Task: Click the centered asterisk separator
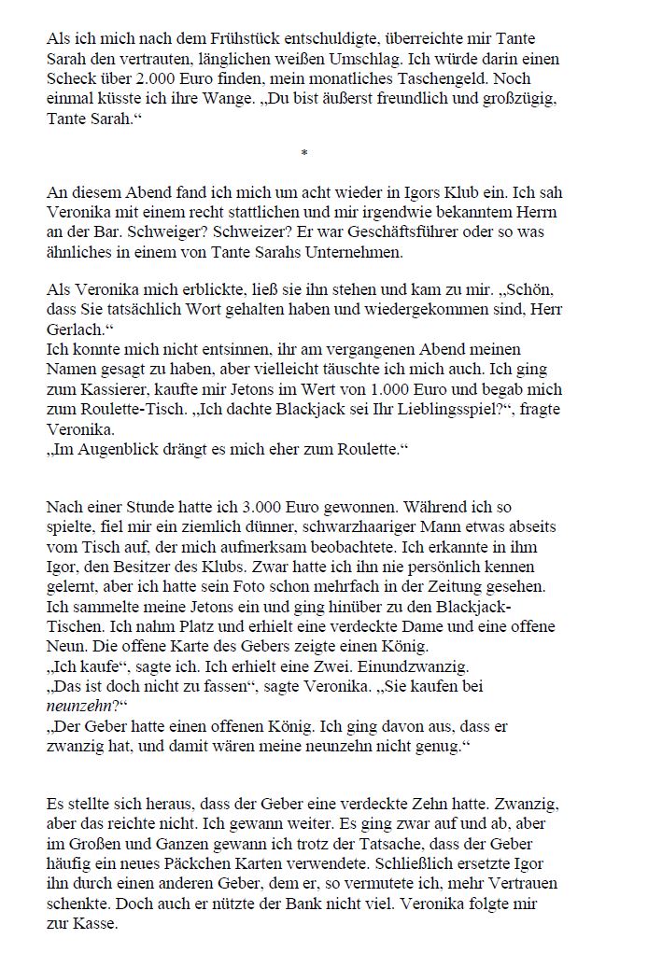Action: click(304, 152)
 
